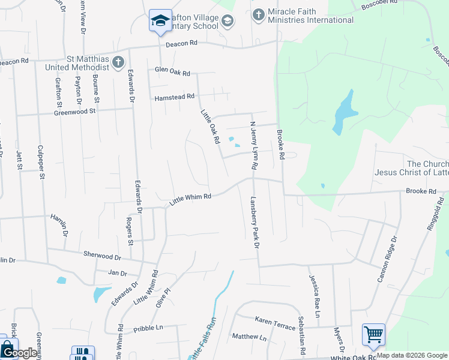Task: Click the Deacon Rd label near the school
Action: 181,43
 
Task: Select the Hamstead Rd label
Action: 174,97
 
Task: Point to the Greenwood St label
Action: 75,112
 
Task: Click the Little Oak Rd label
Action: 209,126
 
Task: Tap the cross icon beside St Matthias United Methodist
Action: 118,62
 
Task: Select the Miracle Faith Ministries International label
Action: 311,16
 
